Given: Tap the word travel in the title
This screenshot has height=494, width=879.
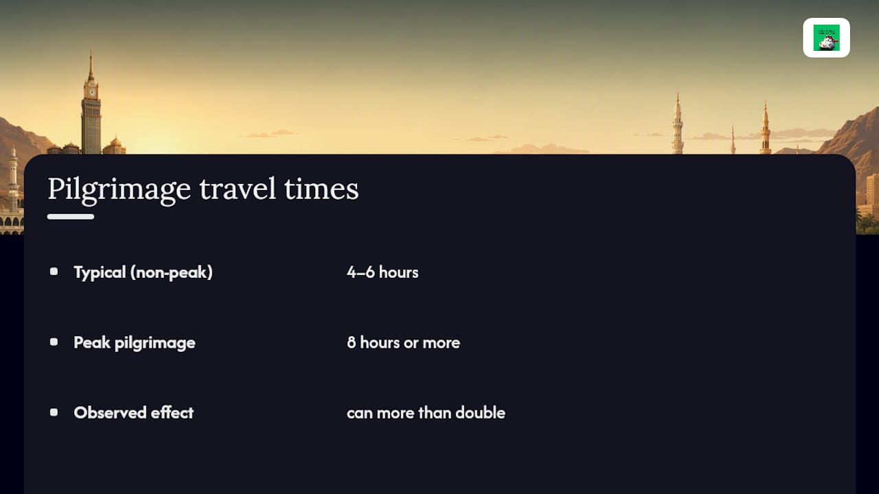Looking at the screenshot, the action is (x=238, y=189).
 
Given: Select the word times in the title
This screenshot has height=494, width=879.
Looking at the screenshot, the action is (x=321, y=189).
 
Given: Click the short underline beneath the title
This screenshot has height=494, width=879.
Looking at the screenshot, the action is (x=71, y=217).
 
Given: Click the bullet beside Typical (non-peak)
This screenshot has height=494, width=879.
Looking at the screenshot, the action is (x=54, y=272).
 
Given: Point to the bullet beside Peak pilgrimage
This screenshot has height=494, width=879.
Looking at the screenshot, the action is (x=54, y=342).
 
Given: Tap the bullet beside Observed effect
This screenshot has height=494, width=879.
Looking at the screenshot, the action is (x=54, y=412).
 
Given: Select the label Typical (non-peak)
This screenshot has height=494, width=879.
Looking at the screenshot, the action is (x=144, y=272).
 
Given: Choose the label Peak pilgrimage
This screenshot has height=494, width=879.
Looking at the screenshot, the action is (x=135, y=343).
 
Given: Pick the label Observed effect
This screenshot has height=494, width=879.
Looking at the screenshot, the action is (x=134, y=413).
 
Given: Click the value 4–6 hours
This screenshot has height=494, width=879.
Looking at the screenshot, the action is (x=383, y=272).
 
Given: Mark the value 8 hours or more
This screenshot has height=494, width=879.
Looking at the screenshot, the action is (x=403, y=342).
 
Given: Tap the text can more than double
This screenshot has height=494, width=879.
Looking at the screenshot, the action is (x=426, y=413).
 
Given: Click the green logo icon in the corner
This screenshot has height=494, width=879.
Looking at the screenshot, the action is (x=826, y=38).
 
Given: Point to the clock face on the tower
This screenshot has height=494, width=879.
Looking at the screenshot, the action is (x=91, y=93).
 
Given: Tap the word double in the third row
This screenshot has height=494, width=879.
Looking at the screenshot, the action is (x=480, y=413).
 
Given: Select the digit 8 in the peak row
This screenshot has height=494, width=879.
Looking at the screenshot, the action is (x=351, y=342).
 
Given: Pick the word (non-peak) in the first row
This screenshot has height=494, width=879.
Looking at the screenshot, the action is (x=172, y=272).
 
